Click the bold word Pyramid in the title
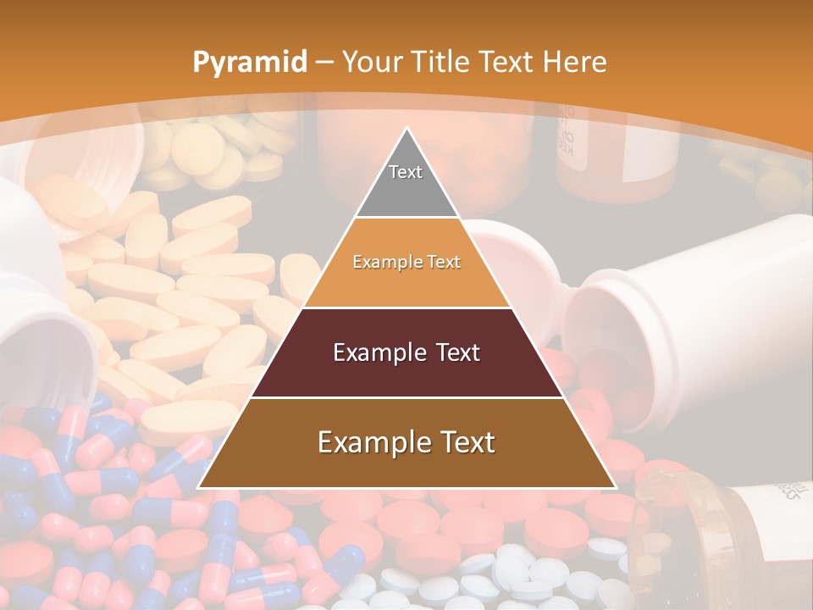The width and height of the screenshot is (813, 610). pos(249,62)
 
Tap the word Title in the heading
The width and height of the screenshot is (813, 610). pos(444,62)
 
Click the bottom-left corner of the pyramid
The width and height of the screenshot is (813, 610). pos(200,487)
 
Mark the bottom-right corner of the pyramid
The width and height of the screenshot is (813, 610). pos(614,487)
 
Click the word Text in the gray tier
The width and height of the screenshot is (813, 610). pos(406,172)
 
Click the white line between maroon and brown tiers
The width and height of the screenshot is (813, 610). pos(406,397)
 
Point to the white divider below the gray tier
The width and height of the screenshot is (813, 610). pos(406,218)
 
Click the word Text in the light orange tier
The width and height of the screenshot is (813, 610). pos(444,262)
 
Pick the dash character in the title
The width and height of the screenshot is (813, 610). pos(325,62)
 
